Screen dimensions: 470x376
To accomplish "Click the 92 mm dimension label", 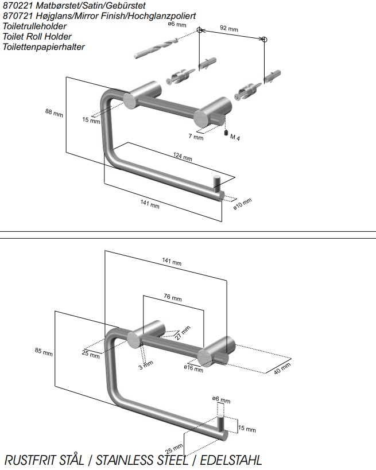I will pos(229,28).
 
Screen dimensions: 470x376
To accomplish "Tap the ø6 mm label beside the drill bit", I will pos(177,25).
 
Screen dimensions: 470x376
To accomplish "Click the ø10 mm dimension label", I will pos(243,203).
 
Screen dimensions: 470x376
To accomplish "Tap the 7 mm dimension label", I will pos(196,137).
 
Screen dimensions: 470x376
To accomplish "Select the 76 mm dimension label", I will pos(172,298).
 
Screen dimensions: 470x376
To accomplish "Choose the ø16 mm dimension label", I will pos(193,368).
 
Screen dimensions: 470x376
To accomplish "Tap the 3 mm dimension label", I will pos(146,363).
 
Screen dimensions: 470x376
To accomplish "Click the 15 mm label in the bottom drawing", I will pos(247,428).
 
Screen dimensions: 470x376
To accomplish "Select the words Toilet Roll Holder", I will pos(36,37).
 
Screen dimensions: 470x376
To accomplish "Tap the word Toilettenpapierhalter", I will pos(44,46).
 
